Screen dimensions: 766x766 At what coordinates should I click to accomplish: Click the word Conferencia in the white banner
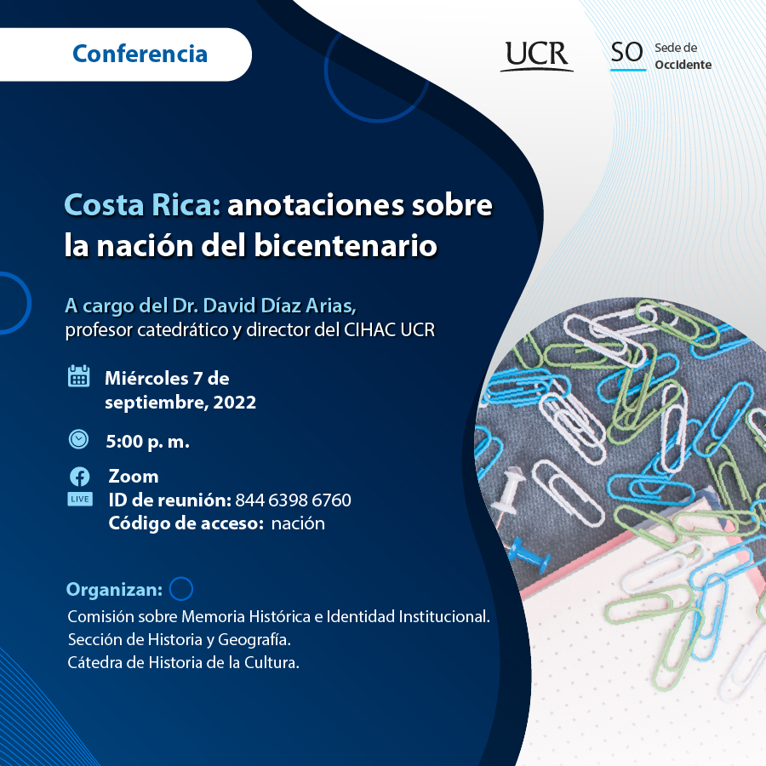pos(140,54)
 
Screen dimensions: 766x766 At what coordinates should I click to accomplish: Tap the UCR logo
pos(537,55)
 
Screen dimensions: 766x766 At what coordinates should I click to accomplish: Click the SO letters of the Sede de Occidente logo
pos(627,53)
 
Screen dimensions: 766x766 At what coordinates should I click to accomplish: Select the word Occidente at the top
pos(683,65)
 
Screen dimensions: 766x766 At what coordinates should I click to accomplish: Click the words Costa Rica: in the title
pos(142,204)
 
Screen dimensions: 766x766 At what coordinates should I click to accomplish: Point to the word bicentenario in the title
pos(346,245)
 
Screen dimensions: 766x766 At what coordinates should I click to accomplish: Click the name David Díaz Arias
pos(279,306)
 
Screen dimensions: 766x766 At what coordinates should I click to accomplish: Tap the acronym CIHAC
pos(370,329)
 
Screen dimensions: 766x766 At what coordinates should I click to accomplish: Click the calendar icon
pos(78,376)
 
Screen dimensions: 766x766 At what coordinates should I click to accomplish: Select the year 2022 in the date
pos(235,402)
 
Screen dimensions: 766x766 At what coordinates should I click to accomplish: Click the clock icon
pos(78,439)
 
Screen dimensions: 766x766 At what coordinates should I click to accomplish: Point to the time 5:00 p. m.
pos(147,442)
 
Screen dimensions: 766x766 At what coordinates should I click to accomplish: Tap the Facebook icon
pos(80,477)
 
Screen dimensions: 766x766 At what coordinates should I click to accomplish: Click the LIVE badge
pos(80,499)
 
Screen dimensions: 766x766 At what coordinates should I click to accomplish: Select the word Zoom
pos(134,477)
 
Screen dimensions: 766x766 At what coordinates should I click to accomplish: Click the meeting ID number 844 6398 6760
pos(293,500)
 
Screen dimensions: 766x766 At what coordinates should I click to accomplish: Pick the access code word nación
pos(298,523)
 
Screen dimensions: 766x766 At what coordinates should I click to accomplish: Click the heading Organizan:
pos(114,590)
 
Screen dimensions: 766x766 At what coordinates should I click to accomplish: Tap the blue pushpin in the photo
pos(529,557)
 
